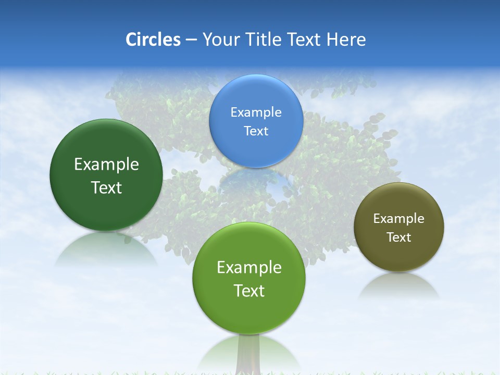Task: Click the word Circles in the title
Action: coord(153,40)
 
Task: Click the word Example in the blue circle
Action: coord(256,113)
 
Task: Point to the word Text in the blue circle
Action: coord(256,131)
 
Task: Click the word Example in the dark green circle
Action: coord(106,165)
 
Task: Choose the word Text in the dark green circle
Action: coord(106,187)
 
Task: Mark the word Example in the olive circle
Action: coord(399,219)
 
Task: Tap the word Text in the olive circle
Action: coord(399,238)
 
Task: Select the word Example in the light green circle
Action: coord(248,268)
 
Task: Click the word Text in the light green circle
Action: coord(248,291)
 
